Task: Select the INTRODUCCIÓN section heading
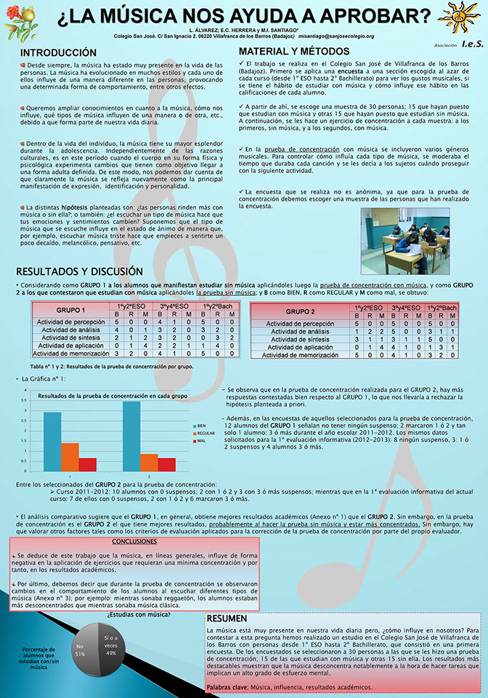click(x=58, y=53)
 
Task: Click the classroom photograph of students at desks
click(x=415, y=241)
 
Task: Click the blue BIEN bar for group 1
click(x=52, y=442)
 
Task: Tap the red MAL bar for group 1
click(x=87, y=465)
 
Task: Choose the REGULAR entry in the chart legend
click(x=203, y=433)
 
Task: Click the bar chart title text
click(x=113, y=396)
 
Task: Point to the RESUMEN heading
click(x=227, y=618)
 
